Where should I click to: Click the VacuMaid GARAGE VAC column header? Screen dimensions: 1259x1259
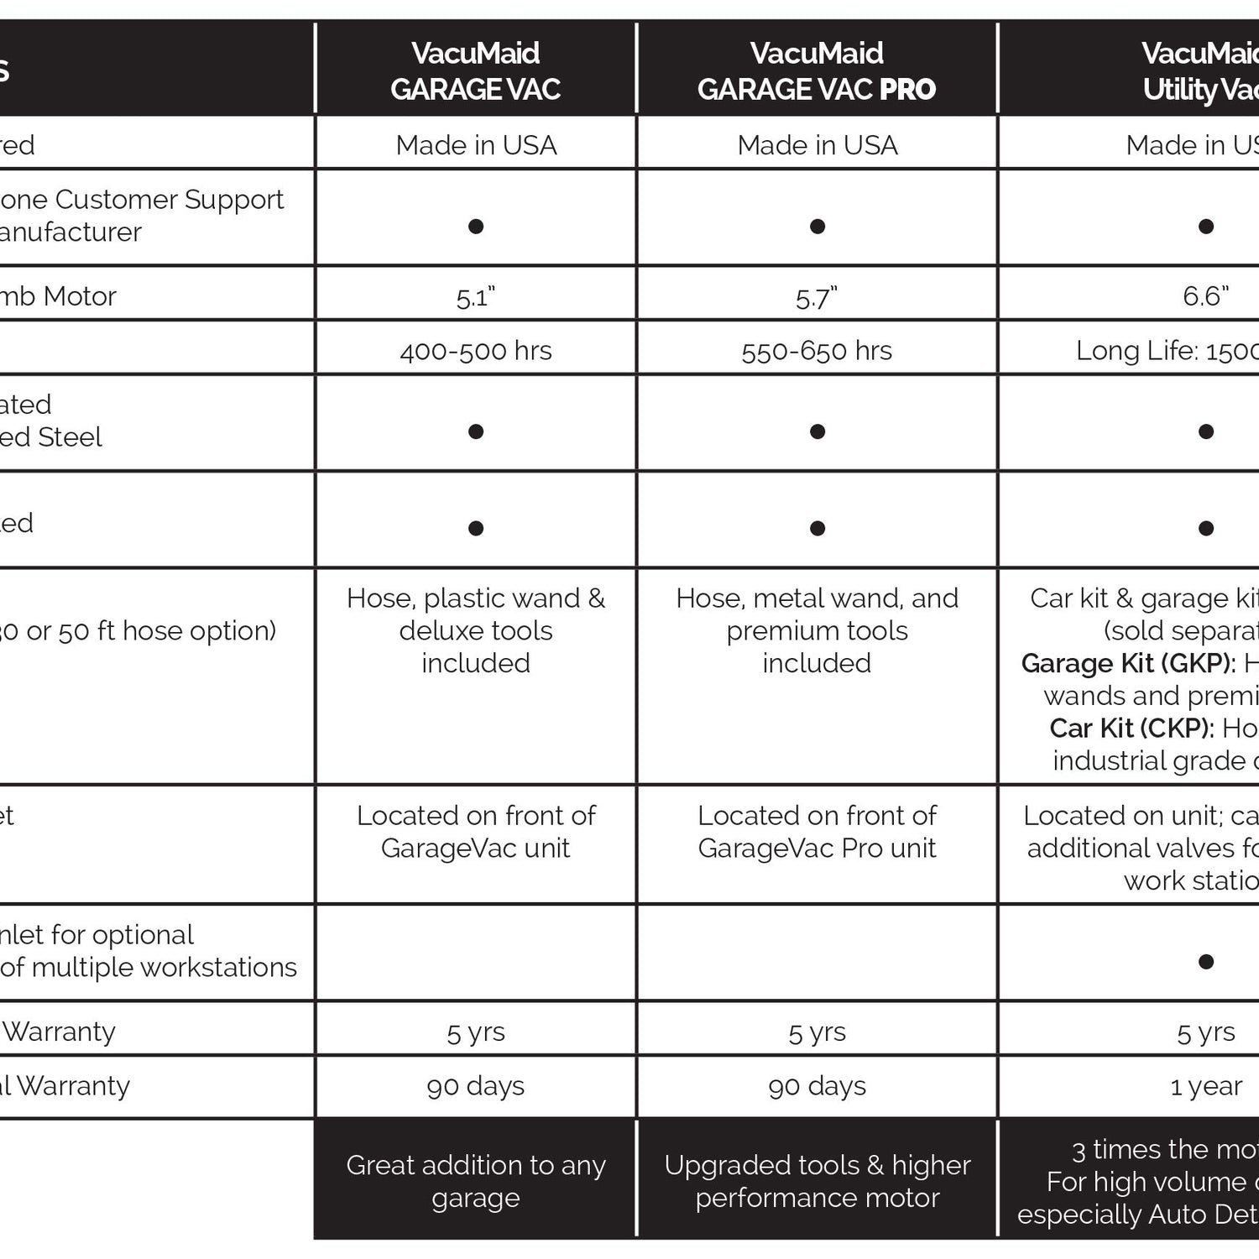pos(475,71)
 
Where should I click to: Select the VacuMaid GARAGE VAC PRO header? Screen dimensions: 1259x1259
pos(817,71)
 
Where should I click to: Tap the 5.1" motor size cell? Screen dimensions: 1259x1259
pos(475,297)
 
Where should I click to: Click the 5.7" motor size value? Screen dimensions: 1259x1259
pos(817,297)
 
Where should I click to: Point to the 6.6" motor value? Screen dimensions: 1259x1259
pos(1205,296)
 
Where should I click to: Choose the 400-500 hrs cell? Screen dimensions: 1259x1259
pos(475,351)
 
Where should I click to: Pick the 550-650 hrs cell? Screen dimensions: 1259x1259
pos(817,351)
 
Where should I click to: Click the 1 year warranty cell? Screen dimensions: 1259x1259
pos(1206,1086)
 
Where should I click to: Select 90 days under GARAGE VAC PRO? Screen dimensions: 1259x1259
pos(817,1086)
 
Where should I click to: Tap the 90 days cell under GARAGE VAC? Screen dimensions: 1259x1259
pos(475,1086)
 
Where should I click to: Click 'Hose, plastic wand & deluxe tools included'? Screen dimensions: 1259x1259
pos(475,630)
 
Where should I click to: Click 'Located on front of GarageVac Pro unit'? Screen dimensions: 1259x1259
pos(817,832)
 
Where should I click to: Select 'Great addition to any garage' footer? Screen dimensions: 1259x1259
pos(475,1181)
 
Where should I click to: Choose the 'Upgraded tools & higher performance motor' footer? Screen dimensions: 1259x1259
pos(817,1181)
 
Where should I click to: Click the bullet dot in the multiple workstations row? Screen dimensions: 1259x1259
pos(1206,962)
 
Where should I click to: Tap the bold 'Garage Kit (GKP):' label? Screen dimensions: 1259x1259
pos(1128,664)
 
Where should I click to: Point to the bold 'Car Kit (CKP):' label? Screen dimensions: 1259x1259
pos(1131,729)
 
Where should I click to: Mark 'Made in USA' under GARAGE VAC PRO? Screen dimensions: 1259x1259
pos(817,145)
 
